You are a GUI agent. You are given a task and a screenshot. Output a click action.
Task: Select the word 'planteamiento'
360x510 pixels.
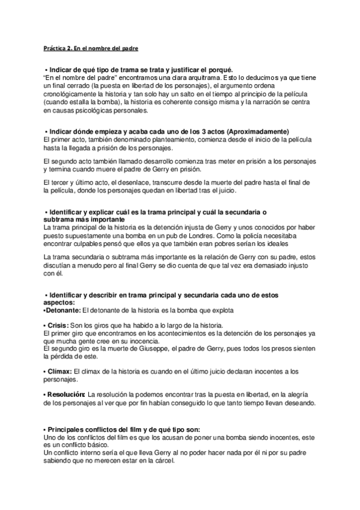161,140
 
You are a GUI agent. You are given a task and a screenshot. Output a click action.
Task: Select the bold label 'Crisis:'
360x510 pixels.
59,325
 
